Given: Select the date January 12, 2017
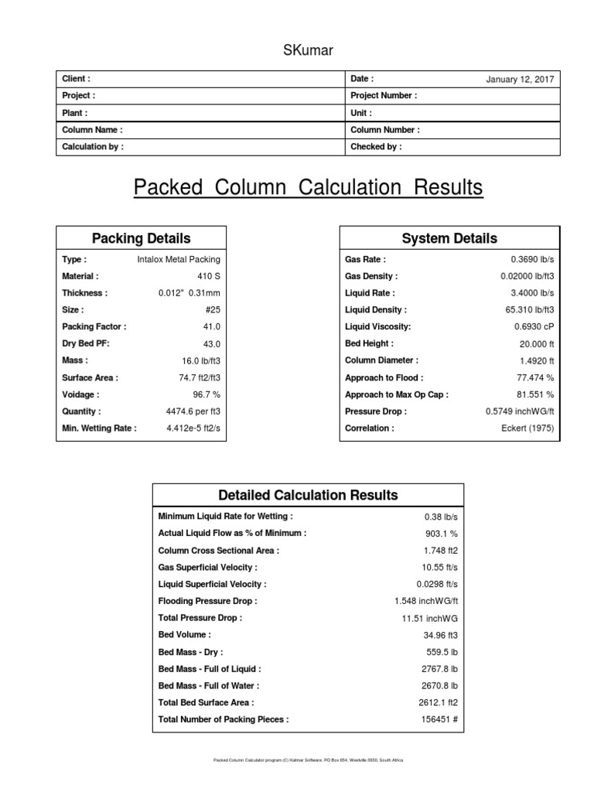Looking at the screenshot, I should click(x=520, y=80).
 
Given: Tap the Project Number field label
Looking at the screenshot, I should click(x=384, y=96).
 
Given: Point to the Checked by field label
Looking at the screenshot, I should click(x=376, y=147).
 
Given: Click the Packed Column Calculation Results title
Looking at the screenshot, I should click(x=308, y=188).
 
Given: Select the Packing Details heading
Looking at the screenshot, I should click(x=141, y=238).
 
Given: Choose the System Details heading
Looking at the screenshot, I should click(x=449, y=238).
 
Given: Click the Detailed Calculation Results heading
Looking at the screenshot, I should click(x=308, y=495).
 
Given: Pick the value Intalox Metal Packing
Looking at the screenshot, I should click(x=179, y=260).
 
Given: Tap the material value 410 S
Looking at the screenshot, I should click(x=209, y=276).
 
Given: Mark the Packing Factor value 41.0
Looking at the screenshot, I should click(x=211, y=327).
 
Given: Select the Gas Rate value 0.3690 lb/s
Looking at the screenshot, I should click(x=532, y=260).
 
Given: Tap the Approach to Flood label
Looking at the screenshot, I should click(x=384, y=378).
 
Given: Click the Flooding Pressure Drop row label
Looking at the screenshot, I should click(x=207, y=601).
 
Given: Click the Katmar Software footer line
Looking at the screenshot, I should click(x=308, y=760).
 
